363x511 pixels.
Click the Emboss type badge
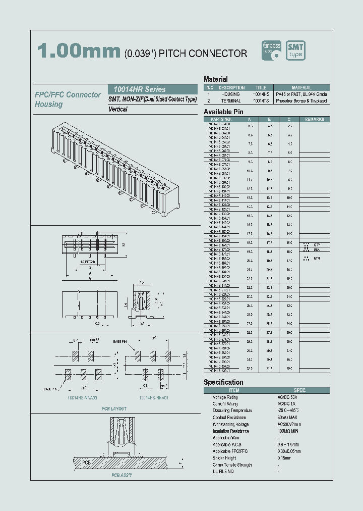271,50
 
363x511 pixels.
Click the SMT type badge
295,50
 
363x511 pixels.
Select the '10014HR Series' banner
137,89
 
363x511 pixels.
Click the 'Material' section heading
215,79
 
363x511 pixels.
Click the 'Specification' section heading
223,382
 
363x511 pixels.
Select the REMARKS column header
314,120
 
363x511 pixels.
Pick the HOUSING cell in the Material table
231,94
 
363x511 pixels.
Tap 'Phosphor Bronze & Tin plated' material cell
301,101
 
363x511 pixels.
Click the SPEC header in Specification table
299,390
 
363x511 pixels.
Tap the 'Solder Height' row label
224,458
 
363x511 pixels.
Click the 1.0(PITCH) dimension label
75,263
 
